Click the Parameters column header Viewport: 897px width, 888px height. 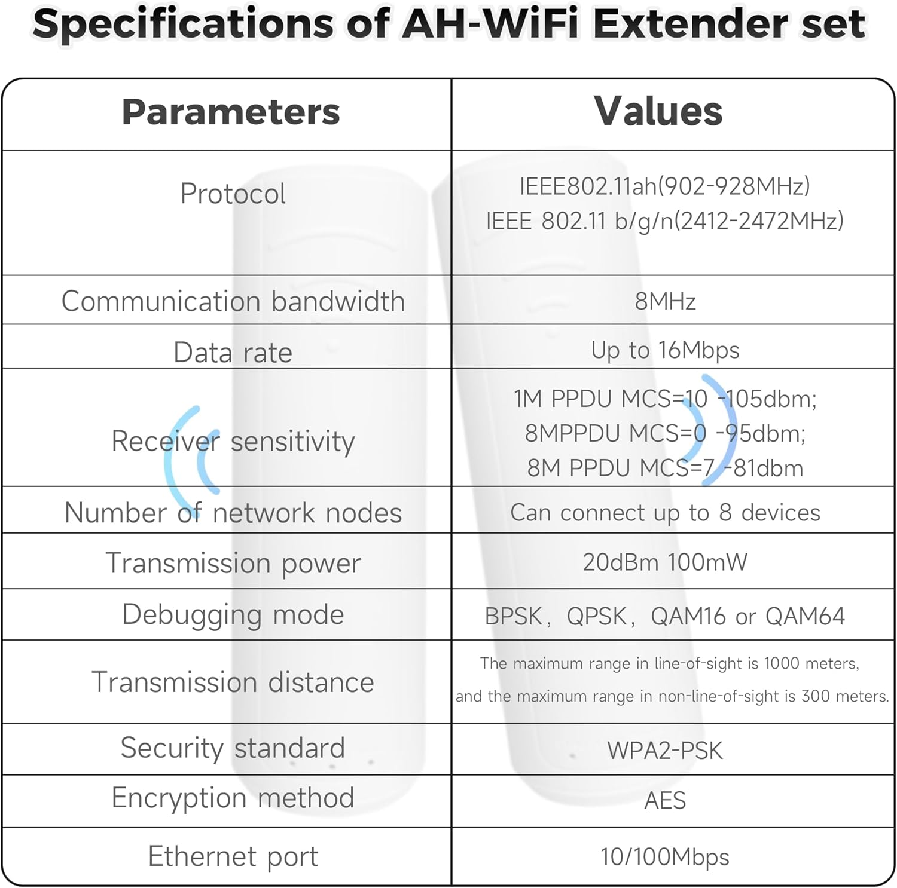pos(231,112)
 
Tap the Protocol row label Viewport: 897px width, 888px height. pos(233,194)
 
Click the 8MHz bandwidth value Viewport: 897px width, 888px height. pos(665,301)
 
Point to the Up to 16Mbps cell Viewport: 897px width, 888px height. pos(665,350)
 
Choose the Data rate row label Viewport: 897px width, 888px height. pos(233,353)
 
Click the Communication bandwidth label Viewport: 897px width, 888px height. pos(233,301)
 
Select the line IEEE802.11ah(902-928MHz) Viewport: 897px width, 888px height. pos(664,186)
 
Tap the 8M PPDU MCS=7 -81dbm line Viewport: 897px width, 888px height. pos(665,468)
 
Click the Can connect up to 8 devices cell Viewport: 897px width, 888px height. pos(665,513)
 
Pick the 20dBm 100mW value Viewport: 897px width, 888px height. pos(665,562)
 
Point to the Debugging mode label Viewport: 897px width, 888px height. pos(233,615)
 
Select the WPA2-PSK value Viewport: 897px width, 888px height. pos(665,751)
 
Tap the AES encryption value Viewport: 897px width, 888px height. pos(665,801)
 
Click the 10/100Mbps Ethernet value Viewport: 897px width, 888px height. pos(665,857)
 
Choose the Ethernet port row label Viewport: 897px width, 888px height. pos(233,857)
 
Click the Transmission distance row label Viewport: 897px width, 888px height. pos(233,682)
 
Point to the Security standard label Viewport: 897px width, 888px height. pos(233,748)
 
